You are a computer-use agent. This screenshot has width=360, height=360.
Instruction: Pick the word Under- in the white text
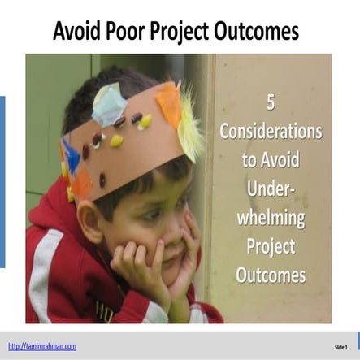click(x=271, y=189)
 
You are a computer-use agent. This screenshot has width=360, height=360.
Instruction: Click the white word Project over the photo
click(x=271, y=246)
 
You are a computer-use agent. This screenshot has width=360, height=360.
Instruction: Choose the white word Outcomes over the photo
click(x=271, y=275)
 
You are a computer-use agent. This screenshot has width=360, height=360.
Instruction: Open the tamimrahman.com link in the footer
click(x=42, y=345)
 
